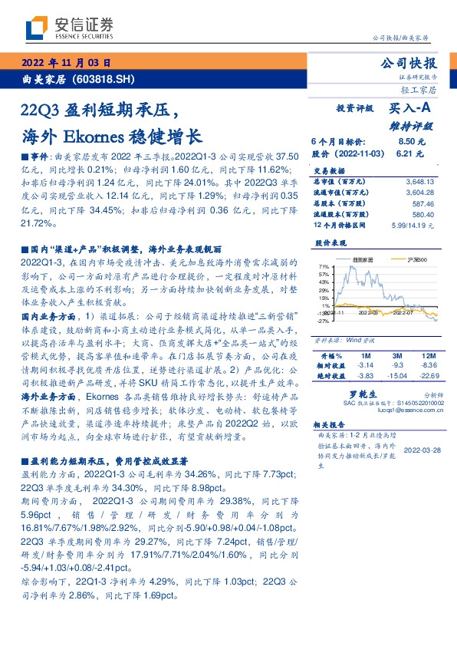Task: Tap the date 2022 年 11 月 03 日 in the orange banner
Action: tap(69, 63)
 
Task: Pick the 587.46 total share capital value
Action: tap(422, 204)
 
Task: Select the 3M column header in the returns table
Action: tap(397, 357)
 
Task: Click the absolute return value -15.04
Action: tap(397, 375)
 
